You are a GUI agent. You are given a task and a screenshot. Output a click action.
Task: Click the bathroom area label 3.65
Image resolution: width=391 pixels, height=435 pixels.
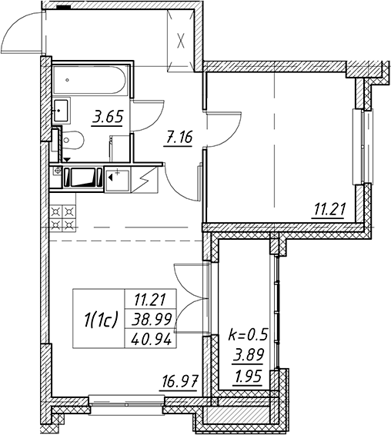coord(108,118)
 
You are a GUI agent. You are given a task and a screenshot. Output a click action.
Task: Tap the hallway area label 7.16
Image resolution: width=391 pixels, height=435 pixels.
coord(178,138)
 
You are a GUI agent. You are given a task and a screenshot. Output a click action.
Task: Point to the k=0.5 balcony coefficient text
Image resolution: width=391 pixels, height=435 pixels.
coord(248,335)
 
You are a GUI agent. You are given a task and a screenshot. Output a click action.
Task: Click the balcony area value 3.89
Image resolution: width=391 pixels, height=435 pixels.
coord(248,355)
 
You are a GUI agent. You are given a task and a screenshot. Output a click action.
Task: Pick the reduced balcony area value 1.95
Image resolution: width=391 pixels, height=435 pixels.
coord(248,377)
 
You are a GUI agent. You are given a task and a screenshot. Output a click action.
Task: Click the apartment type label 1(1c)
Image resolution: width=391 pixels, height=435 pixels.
coord(100,319)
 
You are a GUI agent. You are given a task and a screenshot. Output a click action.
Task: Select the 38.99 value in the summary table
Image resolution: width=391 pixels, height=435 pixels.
coord(152,320)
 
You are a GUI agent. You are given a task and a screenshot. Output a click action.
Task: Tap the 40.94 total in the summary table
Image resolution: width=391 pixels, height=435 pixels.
coord(152,340)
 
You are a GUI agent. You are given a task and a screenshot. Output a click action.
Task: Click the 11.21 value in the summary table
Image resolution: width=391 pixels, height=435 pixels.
coord(150,300)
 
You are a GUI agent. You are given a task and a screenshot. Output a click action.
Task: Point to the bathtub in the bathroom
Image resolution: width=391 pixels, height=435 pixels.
coord(90,80)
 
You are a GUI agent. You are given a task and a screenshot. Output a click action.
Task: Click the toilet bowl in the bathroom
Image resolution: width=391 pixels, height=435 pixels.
coord(72,140)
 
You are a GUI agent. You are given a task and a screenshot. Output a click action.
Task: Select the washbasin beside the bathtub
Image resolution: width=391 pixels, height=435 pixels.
coord(61,111)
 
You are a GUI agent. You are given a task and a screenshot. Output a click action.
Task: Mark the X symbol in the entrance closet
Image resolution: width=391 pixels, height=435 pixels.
coord(181,42)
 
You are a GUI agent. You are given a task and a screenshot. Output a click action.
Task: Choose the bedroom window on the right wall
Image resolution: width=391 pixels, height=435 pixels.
coord(362,146)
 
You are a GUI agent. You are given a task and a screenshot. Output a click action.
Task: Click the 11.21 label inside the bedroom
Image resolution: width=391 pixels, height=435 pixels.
coord(329,210)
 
